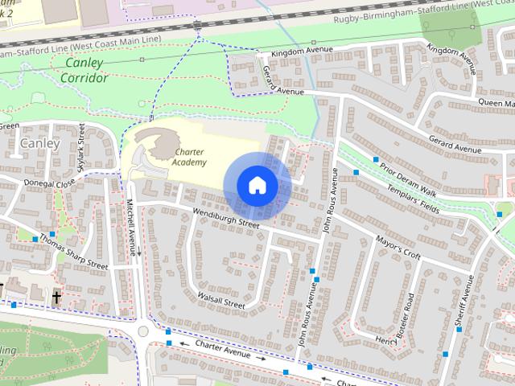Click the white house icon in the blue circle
tap(257, 185)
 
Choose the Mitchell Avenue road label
tap(131, 228)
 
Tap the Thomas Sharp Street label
tap(73, 253)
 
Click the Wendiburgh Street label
tap(225, 219)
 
